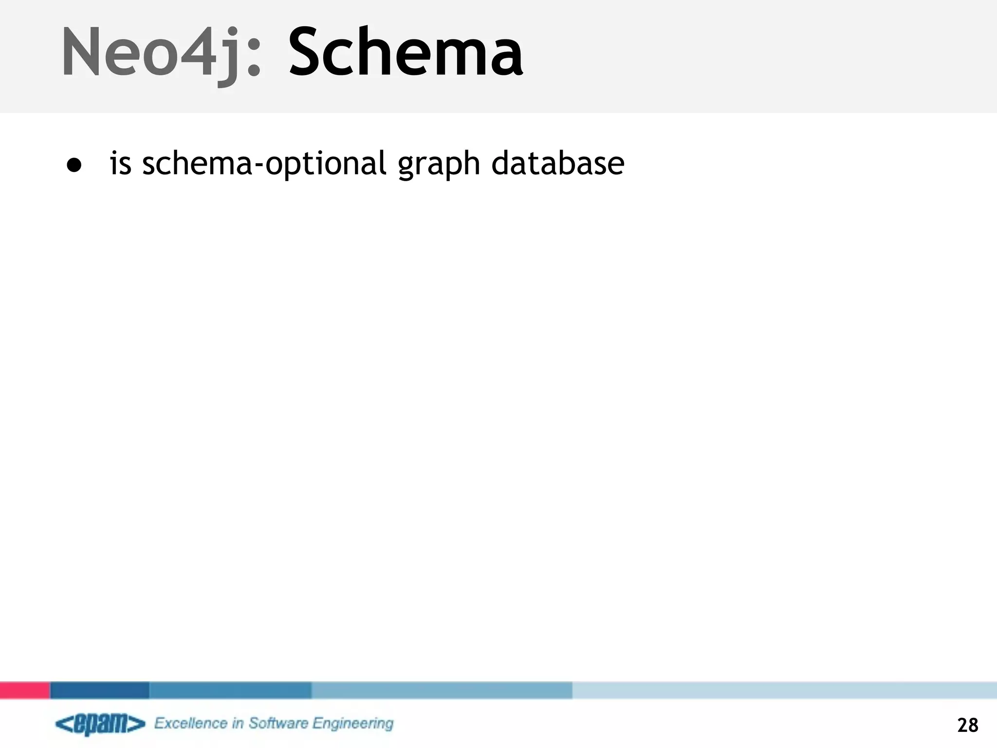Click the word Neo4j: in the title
pos(161,53)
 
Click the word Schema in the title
pos(406,53)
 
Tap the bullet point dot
pos(74,165)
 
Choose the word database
pos(557,163)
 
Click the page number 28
pos(967,725)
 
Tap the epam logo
pos(100,724)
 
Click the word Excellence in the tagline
pos(191,723)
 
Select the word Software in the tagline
pos(278,723)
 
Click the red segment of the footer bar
pos(25,690)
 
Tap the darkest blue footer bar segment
pos(100,690)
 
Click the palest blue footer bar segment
pos(784,690)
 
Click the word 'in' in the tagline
pos(238,723)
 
